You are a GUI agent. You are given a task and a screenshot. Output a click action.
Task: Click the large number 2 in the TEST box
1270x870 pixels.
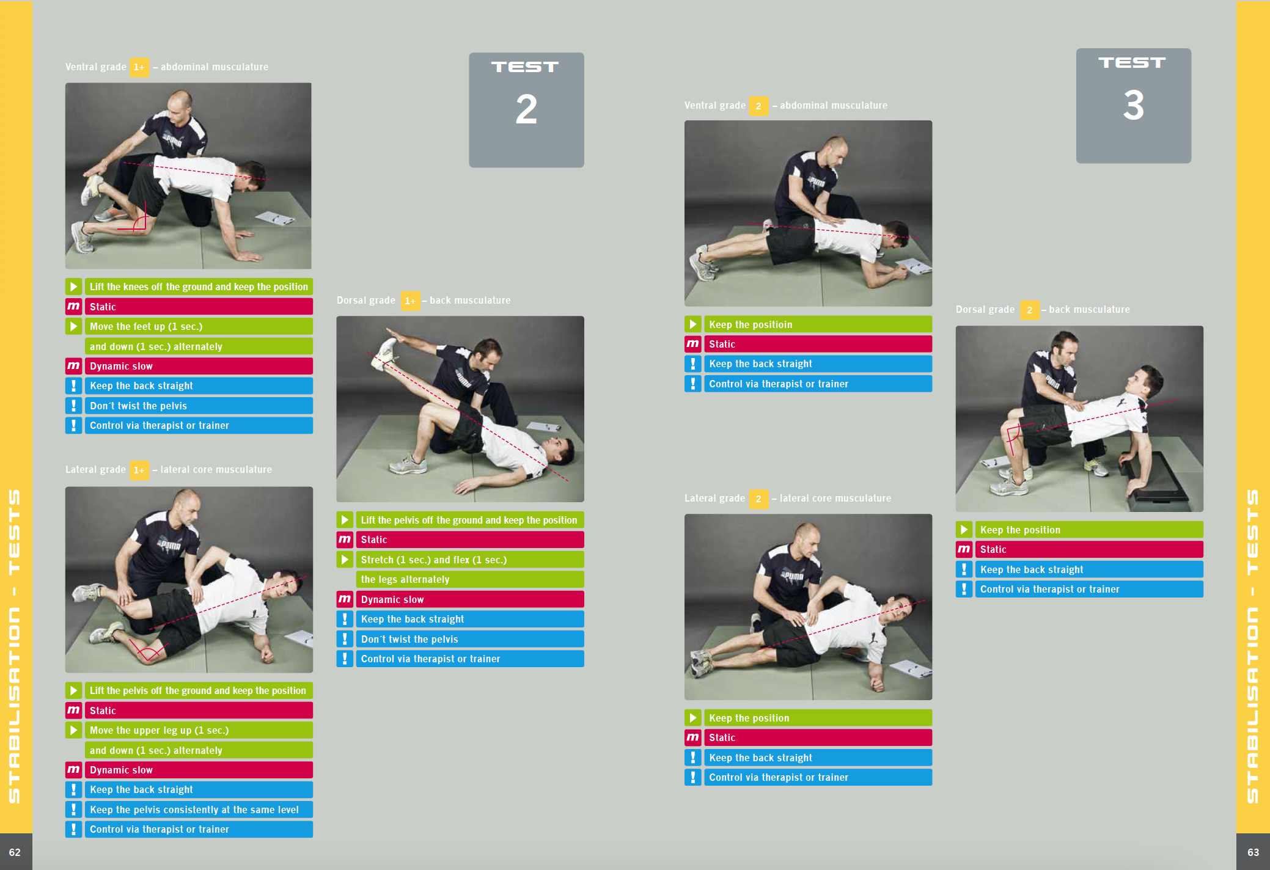click(x=526, y=109)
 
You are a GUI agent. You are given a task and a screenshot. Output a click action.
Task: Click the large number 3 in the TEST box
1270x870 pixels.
click(x=1133, y=105)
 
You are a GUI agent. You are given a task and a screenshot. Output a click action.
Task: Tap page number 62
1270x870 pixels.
click(x=15, y=852)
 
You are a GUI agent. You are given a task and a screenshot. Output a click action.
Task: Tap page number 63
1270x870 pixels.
click(x=1253, y=852)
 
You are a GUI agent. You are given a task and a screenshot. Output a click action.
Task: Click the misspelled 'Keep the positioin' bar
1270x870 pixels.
click(x=818, y=324)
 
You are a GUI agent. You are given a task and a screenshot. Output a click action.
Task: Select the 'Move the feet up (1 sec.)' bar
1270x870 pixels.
click(x=199, y=326)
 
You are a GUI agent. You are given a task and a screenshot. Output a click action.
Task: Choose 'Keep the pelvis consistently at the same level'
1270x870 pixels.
click(x=199, y=810)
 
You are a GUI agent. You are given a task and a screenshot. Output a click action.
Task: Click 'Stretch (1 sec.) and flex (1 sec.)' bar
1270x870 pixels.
click(x=469, y=560)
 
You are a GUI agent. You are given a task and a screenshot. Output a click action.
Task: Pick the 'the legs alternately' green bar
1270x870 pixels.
click(x=469, y=579)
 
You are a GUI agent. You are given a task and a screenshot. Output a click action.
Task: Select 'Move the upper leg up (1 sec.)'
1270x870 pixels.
click(x=199, y=730)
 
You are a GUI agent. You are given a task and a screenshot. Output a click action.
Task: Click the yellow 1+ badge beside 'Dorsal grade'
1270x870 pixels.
click(x=410, y=301)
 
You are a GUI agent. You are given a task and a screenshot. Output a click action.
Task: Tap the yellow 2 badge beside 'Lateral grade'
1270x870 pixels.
click(x=758, y=499)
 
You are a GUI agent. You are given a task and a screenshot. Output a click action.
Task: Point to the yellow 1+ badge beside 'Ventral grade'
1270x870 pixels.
click(x=139, y=67)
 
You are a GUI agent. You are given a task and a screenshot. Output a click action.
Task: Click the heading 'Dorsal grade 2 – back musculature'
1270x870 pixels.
click(x=1043, y=310)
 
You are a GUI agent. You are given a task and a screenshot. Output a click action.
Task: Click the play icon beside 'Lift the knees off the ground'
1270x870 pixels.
click(x=73, y=287)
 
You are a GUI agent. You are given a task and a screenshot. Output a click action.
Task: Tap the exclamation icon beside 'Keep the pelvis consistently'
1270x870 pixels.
click(x=73, y=810)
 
